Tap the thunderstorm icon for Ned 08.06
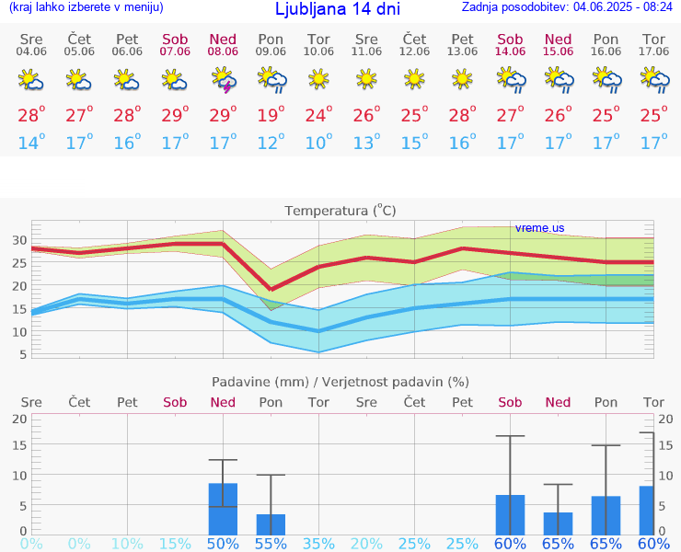223,82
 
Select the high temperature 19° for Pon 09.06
271,116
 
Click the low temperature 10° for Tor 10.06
318,143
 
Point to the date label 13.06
462,52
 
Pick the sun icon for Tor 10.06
318,80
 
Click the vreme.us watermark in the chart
539,227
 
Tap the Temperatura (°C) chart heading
340,211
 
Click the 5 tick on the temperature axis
22,353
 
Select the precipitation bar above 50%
223,509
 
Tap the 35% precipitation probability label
318,544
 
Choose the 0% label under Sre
31,544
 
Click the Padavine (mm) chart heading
340,382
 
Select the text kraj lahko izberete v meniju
87,7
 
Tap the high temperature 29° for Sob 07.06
175,116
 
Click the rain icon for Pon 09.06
271,82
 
